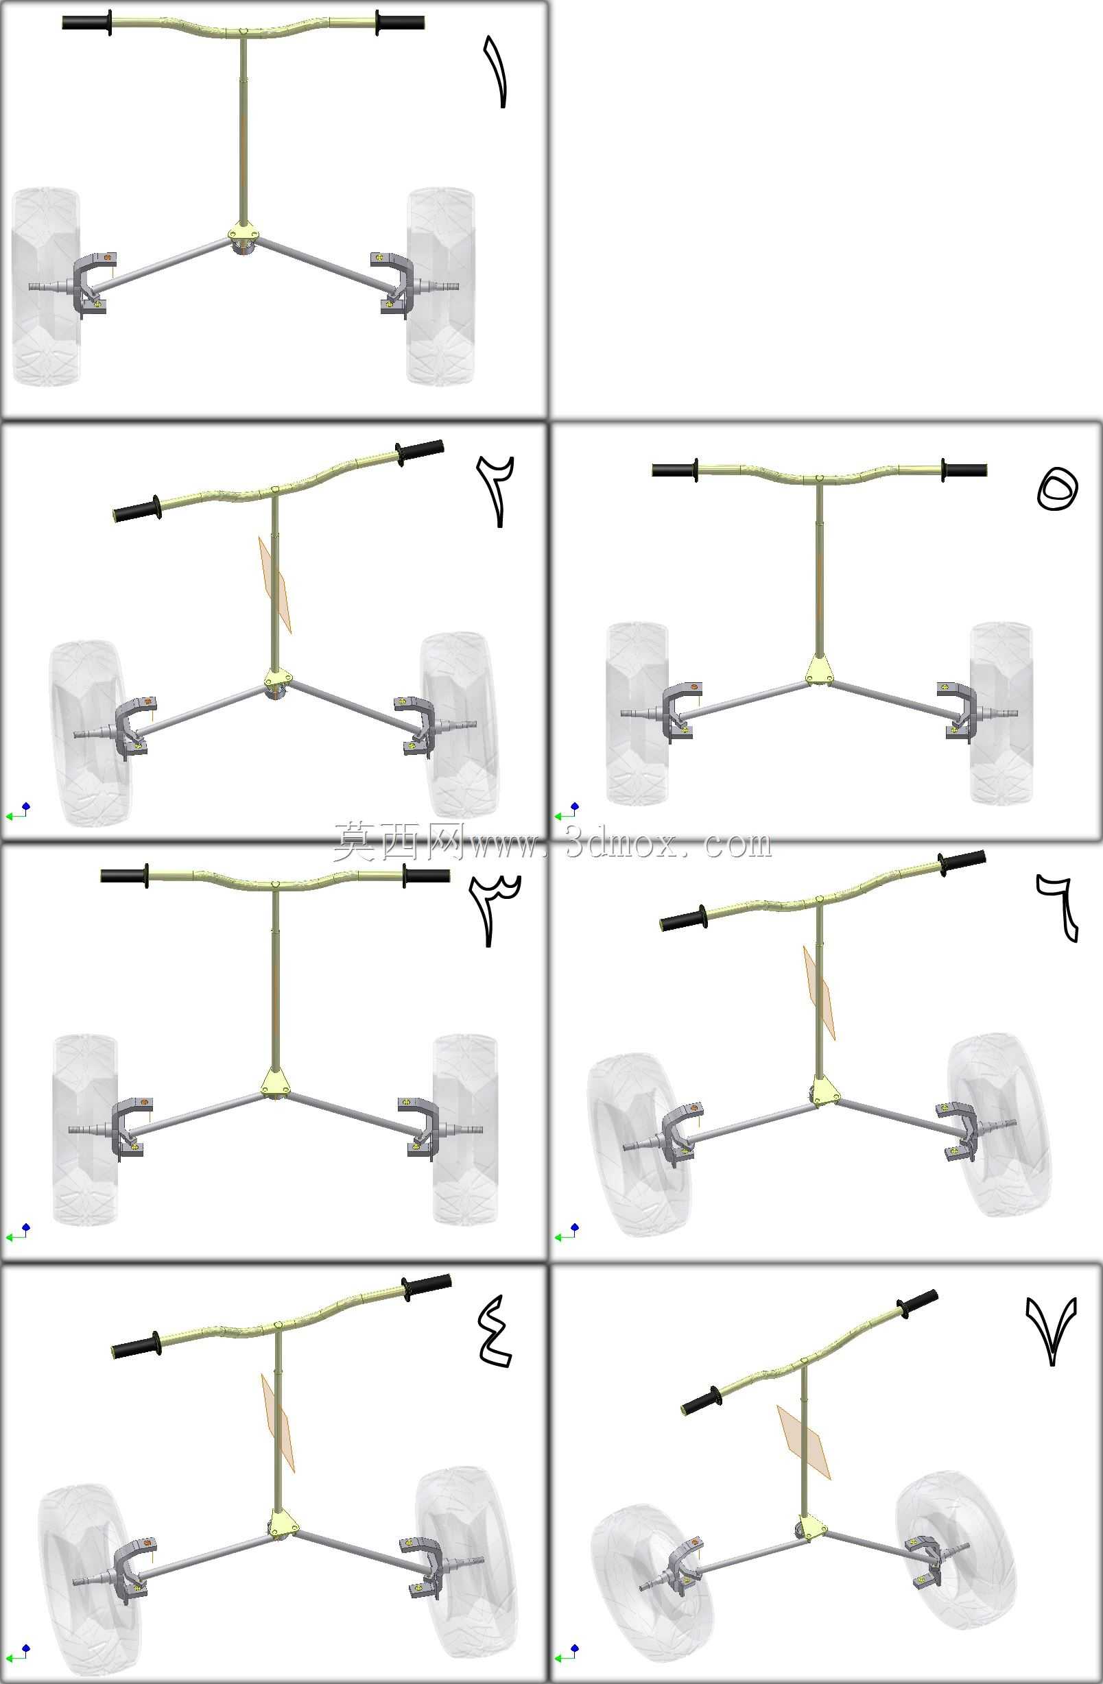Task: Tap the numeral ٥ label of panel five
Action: (x=1057, y=490)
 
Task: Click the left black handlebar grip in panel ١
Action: (x=87, y=23)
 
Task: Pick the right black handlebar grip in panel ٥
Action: (x=964, y=470)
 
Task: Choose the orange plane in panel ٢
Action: (x=274, y=584)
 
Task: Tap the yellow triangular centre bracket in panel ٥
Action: (x=819, y=669)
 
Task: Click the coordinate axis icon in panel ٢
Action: (x=19, y=812)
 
